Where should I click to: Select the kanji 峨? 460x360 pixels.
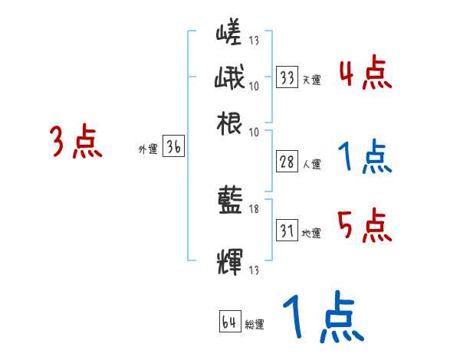[229, 78]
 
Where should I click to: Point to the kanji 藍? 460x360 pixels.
[229, 202]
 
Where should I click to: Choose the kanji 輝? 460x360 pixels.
[229, 260]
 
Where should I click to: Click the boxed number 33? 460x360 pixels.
[287, 77]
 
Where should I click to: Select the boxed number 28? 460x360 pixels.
[287, 162]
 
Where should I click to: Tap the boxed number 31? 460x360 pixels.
[287, 231]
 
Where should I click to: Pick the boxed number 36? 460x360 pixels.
[173, 148]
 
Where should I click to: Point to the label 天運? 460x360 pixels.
[311, 80]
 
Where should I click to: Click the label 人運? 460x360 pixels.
[311, 164]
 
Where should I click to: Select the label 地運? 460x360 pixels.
[311, 233]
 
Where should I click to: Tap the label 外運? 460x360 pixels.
[148, 150]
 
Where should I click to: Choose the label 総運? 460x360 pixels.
[255, 325]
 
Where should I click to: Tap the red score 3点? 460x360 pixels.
[76, 142]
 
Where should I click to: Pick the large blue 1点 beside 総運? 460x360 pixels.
[322, 319]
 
